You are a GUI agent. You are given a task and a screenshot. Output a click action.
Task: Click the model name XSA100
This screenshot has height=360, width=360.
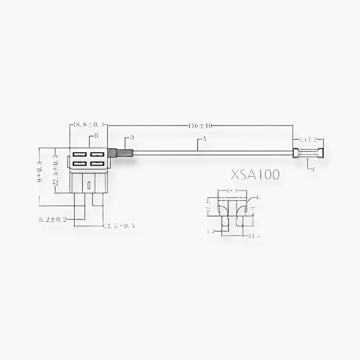click(255, 174)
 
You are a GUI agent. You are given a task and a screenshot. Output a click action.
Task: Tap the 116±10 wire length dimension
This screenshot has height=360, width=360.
click(201, 126)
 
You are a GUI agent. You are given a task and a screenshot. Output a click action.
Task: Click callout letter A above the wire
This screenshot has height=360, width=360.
click(205, 139)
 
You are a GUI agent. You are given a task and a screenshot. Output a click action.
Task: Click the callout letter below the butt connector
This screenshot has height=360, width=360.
click(314, 170)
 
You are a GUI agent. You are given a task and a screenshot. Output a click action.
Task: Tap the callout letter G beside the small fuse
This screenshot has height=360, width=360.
click(258, 197)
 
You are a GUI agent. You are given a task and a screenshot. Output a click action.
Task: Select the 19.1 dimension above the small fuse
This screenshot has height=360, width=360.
click(233, 190)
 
